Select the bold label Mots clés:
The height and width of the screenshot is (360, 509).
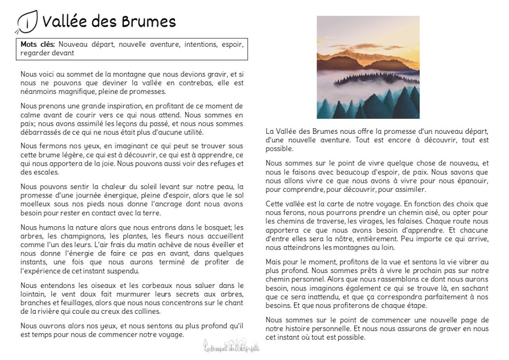click(38, 44)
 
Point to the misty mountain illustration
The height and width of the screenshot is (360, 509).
click(368, 67)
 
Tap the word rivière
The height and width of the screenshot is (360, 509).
click(44, 311)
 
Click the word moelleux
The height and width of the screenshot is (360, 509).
click(38, 204)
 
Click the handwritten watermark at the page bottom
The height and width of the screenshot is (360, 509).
click(232, 347)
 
